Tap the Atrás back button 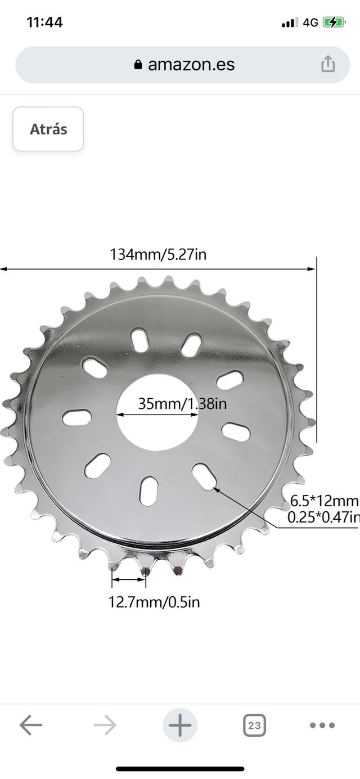point(48,129)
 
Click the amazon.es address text point(191,65)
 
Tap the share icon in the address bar point(327,64)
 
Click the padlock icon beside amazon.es point(138,65)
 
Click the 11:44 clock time point(45,22)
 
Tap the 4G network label point(310,22)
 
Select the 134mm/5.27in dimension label point(158,255)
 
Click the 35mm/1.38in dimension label point(182,404)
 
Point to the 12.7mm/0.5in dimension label point(154,602)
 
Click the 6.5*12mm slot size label point(324,501)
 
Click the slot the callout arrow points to point(204,476)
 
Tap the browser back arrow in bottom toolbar point(31,725)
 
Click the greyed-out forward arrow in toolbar point(105,725)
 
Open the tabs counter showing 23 point(254,725)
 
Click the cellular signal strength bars point(290,22)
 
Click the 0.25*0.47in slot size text point(323,517)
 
